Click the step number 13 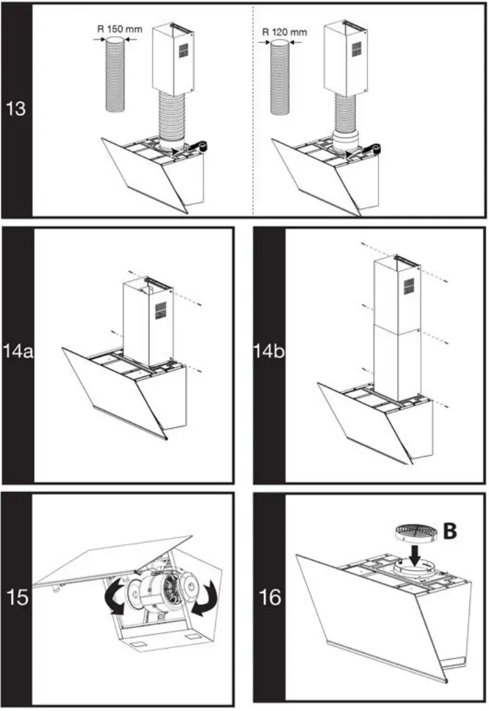(16, 108)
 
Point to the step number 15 (16, 598)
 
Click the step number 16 (269, 598)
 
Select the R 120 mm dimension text (284, 31)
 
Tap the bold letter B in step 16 (450, 531)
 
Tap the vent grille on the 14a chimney (161, 309)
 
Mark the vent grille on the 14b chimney (408, 286)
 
